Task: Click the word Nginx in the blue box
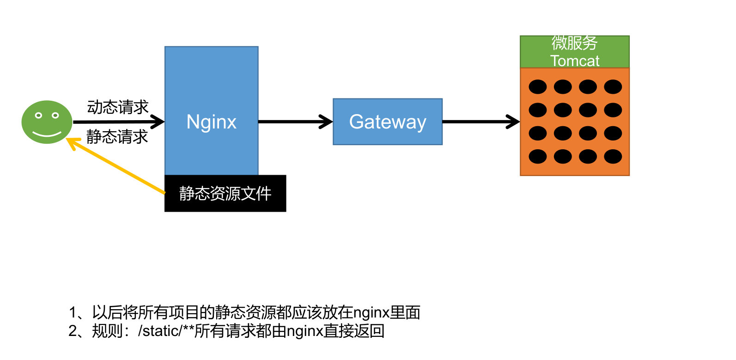[211, 122]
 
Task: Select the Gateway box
[387, 122]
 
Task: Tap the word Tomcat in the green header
[574, 61]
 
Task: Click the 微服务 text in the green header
[574, 43]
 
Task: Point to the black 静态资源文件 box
[225, 193]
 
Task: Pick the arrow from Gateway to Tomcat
[481, 122]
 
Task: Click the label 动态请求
[118, 107]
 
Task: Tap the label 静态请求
[117, 137]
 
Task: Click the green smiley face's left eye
[39, 115]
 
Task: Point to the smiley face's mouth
[47, 134]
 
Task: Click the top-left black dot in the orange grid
[537, 86]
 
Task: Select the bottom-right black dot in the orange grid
[613, 157]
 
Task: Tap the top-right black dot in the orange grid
[613, 86]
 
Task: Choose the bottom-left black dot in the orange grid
[537, 157]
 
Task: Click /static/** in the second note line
[165, 331]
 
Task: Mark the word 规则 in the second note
[107, 331]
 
